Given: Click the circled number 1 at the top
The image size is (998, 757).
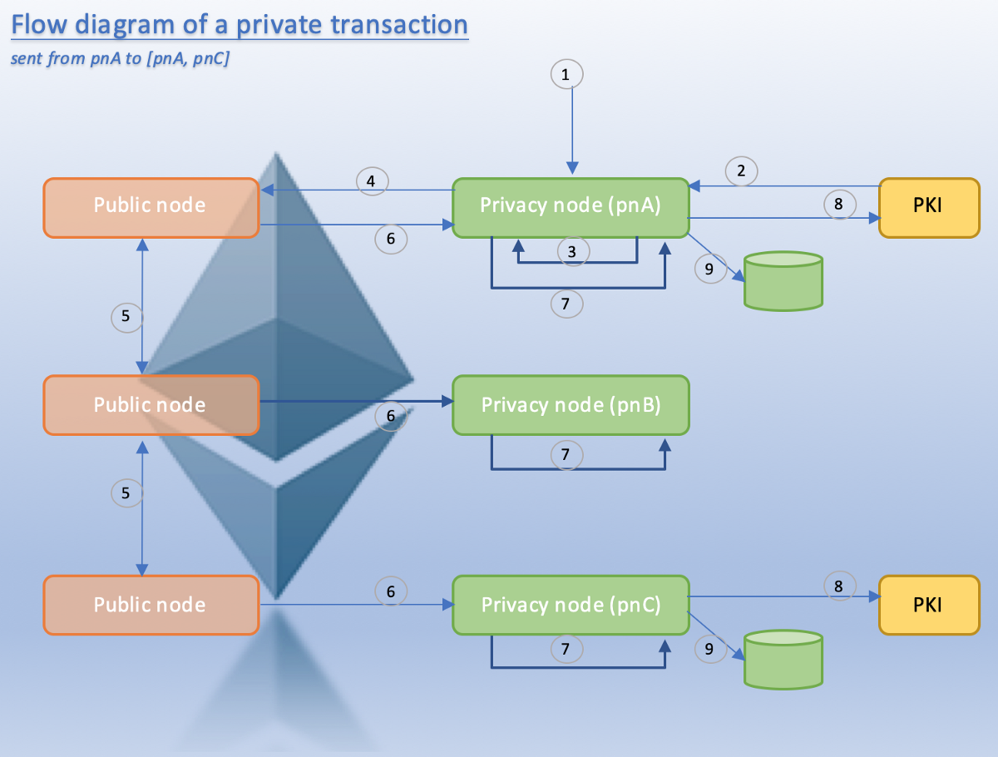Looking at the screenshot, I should [x=566, y=75].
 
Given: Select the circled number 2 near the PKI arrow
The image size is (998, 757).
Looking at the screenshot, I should [x=741, y=171].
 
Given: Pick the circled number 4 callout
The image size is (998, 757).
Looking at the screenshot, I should [x=372, y=181].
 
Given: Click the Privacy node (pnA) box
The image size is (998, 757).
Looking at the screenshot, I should [x=571, y=205].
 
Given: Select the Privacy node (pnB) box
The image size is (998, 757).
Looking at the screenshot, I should [x=571, y=404].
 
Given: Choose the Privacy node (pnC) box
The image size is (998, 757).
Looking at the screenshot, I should [x=571, y=605].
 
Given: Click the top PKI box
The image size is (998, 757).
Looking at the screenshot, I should [x=928, y=205].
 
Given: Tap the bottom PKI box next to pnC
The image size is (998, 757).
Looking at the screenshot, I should [x=928, y=605].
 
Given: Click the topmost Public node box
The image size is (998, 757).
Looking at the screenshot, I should [x=150, y=205].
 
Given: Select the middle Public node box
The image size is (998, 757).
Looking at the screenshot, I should [x=150, y=404].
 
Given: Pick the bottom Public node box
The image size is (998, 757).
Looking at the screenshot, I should [x=150, y=605].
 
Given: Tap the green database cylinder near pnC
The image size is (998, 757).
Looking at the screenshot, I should [x=783, y=660].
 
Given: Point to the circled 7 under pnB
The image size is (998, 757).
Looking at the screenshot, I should [x=566, y=455].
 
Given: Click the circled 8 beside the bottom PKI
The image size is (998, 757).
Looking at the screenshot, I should [x=839, y=586].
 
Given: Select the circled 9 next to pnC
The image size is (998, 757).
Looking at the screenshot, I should [x=709, y=649].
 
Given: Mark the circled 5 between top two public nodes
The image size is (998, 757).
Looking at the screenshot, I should [x=126, y=316].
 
